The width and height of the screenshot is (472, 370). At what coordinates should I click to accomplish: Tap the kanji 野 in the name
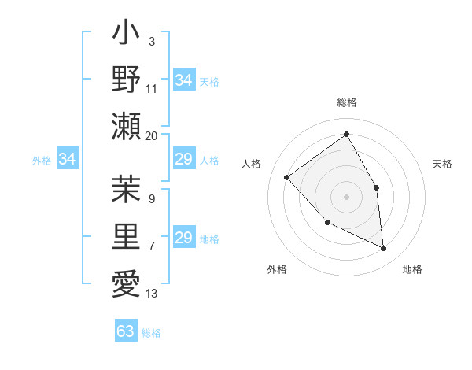126,80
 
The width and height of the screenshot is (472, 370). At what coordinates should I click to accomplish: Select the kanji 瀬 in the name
126,125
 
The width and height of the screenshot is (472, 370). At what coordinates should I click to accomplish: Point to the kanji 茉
126,190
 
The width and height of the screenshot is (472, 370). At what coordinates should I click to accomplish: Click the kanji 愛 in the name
126,282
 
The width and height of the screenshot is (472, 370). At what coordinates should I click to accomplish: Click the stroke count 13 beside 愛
152,294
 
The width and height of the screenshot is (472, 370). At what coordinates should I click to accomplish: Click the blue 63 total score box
126,331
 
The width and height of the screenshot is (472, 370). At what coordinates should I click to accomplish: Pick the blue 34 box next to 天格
183,80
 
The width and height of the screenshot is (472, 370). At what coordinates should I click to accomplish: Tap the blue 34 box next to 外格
67,160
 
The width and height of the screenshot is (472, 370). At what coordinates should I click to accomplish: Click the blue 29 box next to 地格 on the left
183,238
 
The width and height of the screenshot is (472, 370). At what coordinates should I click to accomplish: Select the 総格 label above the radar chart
346,102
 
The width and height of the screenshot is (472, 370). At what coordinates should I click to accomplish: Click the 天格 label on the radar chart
443,164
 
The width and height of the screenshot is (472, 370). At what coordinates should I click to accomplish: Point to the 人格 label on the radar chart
252,164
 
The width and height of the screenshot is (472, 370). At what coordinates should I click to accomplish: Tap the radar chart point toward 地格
384,249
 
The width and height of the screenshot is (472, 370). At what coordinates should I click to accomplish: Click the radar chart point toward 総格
346,134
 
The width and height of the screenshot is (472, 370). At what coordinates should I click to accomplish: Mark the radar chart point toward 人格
287,177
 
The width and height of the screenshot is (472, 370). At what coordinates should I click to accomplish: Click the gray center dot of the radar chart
346,196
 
